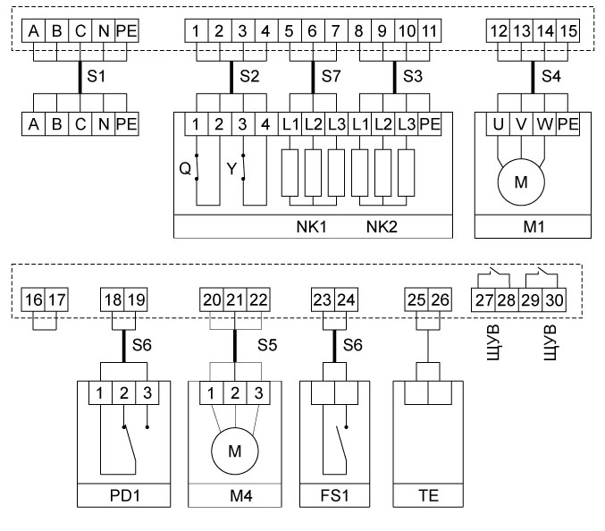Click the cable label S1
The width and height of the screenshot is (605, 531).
click(x=97, y=77)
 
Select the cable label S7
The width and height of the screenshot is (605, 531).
click(x=328, y=77)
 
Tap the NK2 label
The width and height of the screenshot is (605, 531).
click(x=382, y=225)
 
